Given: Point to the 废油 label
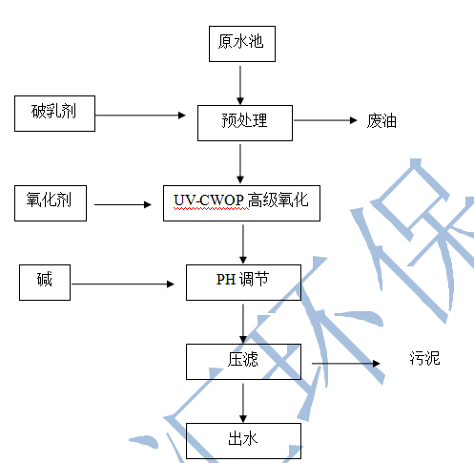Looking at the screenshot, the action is (381, 121).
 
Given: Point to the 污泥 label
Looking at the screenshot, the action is (424, 358).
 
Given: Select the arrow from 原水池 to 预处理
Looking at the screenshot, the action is (240, 85).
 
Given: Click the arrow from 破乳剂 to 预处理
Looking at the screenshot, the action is (140, 116).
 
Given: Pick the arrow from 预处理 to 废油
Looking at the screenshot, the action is (325, 120).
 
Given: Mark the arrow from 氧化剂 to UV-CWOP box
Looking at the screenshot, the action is (123, 204).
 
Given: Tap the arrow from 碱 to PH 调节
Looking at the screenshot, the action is (123, 284).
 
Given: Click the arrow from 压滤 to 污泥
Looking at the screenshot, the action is (346, 363).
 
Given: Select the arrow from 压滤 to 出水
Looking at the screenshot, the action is (243, 403).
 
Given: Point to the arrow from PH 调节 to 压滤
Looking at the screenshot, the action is (243, 324).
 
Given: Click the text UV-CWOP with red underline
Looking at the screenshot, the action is (209, 200).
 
